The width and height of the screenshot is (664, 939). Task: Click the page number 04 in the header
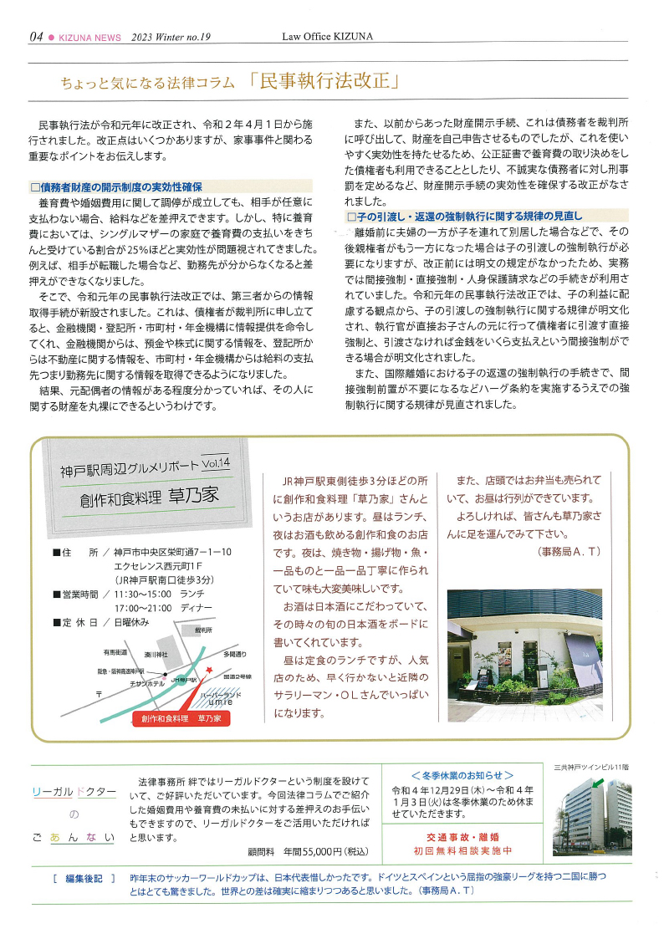[x=36, y=37]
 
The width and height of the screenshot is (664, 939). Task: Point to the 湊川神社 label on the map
[x=156, y=653]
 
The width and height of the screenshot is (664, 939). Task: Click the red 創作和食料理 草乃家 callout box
[x=181, y=717]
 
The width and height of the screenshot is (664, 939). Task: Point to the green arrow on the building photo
[x=597, y=784]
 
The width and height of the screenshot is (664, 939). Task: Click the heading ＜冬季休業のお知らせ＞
[x=462, y=774]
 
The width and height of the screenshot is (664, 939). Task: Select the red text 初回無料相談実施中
[x=462, y=850]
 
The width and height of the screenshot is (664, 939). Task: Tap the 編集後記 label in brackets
[x=84, y=879]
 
